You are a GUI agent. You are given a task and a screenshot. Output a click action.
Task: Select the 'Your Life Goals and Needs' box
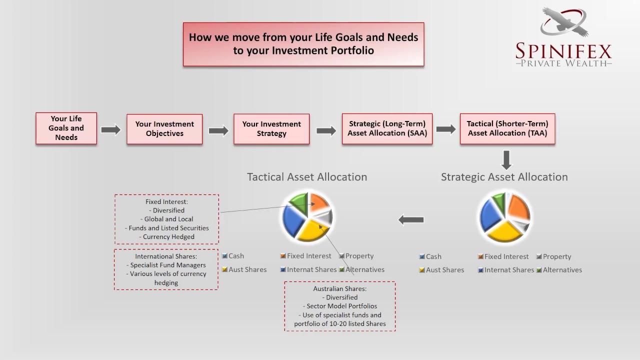(x=66, y=128)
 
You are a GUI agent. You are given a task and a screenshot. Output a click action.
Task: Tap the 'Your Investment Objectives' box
(x=164, y=129)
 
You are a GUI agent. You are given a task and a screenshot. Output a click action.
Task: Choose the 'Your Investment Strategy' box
(x=271, y=129)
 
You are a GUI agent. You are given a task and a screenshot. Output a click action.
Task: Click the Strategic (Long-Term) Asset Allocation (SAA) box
(x=387, y=129)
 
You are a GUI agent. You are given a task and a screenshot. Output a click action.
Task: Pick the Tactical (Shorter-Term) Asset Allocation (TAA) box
(x=507, y=129)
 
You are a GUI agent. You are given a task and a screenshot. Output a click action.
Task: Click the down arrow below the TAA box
(x=506, y=160)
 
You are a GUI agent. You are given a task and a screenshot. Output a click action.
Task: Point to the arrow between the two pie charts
(x=411, y=219)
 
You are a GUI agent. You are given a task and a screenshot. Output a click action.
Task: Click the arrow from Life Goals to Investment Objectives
(x=111, y=130)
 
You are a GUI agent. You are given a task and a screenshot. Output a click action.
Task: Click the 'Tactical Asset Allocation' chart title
(x=307, y=177)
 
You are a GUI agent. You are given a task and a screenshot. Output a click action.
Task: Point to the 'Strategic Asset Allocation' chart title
(x=504, y=177)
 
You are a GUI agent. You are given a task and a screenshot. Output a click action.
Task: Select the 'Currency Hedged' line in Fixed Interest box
(x=168, y=237)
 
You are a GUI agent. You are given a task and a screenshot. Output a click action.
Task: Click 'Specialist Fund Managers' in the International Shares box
(x=168, y=265)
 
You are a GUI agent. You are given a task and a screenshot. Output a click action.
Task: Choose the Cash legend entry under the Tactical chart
(x=233, y=256)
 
